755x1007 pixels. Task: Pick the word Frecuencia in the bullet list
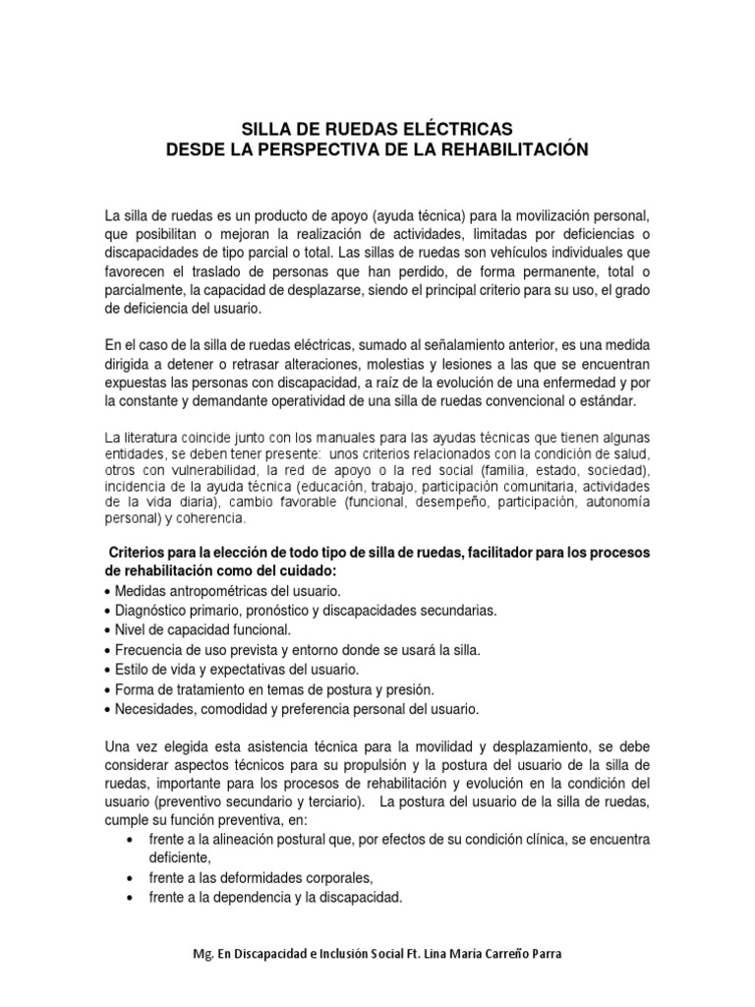tap(151, 650)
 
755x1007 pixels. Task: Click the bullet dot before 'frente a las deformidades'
tap(133, 878)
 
